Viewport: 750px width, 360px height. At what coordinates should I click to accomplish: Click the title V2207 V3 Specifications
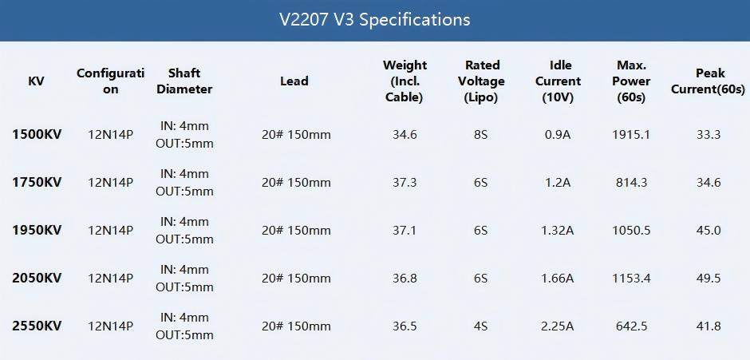click(x=374, y=19)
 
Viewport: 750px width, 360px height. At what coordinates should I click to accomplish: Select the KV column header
click(x=36, y=81)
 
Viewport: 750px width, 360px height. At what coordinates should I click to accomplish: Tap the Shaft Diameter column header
click(x=184, y=81)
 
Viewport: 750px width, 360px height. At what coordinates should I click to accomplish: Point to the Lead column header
click(x=294, y=81)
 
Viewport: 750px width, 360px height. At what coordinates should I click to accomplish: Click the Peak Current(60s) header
click(x=708, y=81)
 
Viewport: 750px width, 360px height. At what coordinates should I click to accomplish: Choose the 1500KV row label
click(x=37, y=135)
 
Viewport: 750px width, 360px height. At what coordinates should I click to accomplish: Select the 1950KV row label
click(x=37, y=231)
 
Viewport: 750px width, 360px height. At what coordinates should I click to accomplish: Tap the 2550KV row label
click(x=37, y=326)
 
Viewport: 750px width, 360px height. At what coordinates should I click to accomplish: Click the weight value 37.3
click(x=405, y=183)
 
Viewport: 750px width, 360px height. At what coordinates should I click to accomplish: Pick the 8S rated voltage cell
click(x=480, y=135)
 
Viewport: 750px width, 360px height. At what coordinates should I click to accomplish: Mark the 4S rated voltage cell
click(x=480, y=326)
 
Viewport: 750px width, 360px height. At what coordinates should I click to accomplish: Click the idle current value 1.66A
click(x=558, y=279)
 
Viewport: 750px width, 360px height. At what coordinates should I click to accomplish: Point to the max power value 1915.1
click(x=631, y=135)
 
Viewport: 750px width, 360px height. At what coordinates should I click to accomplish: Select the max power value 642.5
click(x=631, y=326)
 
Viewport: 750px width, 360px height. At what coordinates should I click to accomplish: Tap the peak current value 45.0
click(x=708, y=231)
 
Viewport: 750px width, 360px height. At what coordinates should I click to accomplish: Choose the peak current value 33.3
click(x=708, y=135)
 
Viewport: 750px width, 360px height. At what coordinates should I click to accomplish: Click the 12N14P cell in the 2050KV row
click(x=110, y=279)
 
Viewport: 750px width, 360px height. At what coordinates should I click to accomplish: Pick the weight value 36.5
click(x=405, y=326)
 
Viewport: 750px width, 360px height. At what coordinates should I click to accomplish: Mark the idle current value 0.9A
click(x=558, y=135)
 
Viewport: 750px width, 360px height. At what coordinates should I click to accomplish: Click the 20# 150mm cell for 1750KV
click(x=296, y=183)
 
